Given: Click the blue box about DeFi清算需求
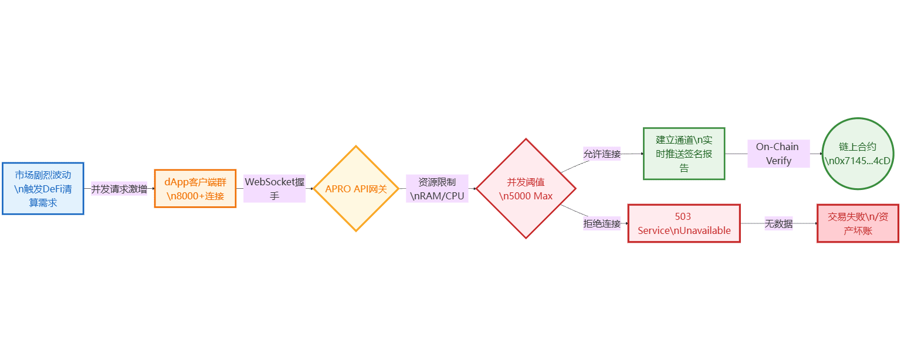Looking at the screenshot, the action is tap(43, 188).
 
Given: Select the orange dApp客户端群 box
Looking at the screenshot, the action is tap(195, 189).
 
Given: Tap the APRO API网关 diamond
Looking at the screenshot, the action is tap(356, 189).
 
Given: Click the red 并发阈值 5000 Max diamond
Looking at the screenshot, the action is tap(526, 189).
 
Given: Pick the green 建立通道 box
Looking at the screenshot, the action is tap(684, 154).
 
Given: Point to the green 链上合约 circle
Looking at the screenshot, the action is tap(858, 154).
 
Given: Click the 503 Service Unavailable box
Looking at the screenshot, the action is tap(684, 223).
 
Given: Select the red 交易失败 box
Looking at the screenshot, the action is tap(858, 223).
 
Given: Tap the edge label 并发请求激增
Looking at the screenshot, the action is tap(119, 189).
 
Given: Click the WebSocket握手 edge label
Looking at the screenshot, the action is tap(275, 189).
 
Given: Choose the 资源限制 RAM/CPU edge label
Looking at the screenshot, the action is tap(437, 189).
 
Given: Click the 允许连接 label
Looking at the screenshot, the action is tap(602, 154).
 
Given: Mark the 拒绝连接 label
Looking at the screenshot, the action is tap(602, 223).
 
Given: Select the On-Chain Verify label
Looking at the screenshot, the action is tap(778, 154).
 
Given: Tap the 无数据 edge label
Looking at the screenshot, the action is tap(778, 223).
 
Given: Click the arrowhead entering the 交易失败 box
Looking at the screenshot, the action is tap(815, 223).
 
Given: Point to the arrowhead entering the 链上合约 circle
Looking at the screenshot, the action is tap(821, 154).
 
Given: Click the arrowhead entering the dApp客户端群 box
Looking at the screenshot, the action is tap(153, 189).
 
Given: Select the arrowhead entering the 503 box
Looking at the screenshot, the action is tap(626, 223).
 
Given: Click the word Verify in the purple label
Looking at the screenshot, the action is tap(778, 161).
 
